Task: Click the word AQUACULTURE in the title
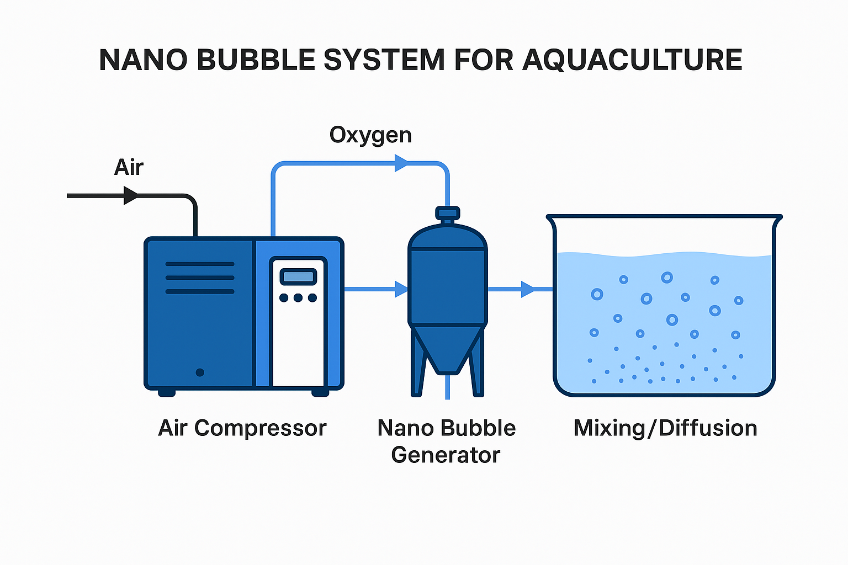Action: point(632,60)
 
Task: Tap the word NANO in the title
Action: point(143,60)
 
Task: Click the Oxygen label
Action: point(370,135)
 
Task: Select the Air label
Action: point(129,167)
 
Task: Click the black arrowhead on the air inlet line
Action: point(130,195)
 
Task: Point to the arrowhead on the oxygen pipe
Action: point(401,163)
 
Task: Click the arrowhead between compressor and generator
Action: point(401,289)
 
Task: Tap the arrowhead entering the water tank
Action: point(528,289)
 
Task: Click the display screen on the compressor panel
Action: point(298,276)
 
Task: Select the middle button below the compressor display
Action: point(298,298)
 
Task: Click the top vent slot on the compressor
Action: point(200,264)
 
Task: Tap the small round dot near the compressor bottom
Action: point(200,372)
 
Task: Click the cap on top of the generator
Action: point(447,213)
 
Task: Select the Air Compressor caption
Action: point(242,428)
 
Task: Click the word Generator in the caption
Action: point(446,455)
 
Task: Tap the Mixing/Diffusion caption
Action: point(665,428)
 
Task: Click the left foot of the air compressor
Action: point(167,393)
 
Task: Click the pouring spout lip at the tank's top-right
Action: point(777,221)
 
